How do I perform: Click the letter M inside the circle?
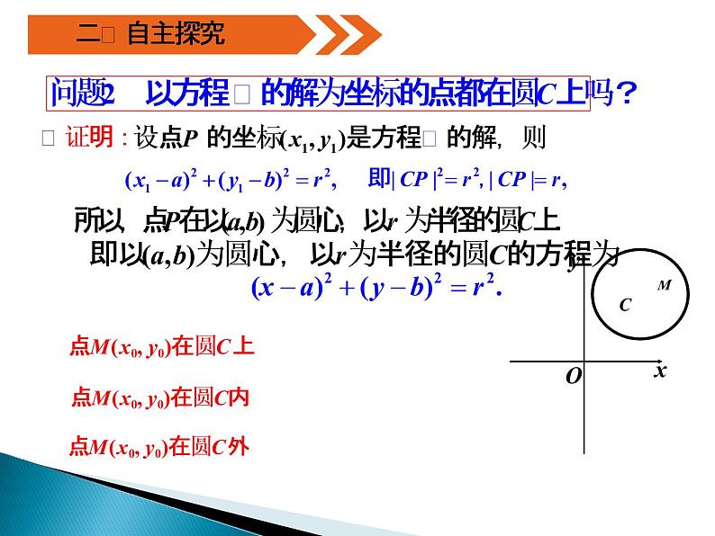point(665,285)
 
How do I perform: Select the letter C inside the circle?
point(625,305)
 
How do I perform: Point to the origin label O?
point(573,376)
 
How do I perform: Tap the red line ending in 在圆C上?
point(161,347)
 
